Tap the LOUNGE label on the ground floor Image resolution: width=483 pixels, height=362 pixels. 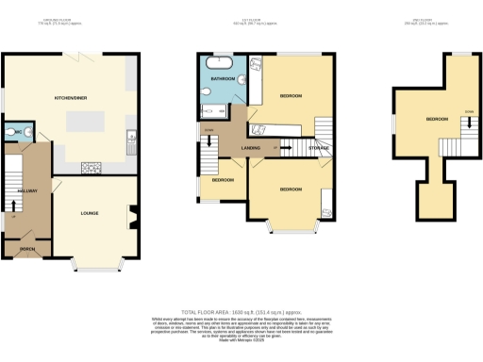tap(90, 212)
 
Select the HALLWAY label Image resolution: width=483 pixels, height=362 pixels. tap(26, 190)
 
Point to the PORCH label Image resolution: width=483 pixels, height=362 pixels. tap(26, 249)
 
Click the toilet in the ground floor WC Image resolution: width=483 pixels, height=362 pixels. tap(8, 132)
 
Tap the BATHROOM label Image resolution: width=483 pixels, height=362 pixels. tap(223, 79)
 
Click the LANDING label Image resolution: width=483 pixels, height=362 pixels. tap(251, 147)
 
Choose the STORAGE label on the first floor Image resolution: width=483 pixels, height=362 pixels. tap(319, 147)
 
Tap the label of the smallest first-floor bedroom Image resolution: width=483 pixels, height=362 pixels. tap(223, 179)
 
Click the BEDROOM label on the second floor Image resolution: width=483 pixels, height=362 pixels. tap(437, 119)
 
